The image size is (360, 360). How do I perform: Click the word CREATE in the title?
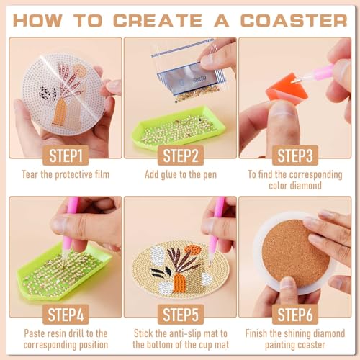click(160, 19)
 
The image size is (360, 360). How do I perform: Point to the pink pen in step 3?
click(320, 73)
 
